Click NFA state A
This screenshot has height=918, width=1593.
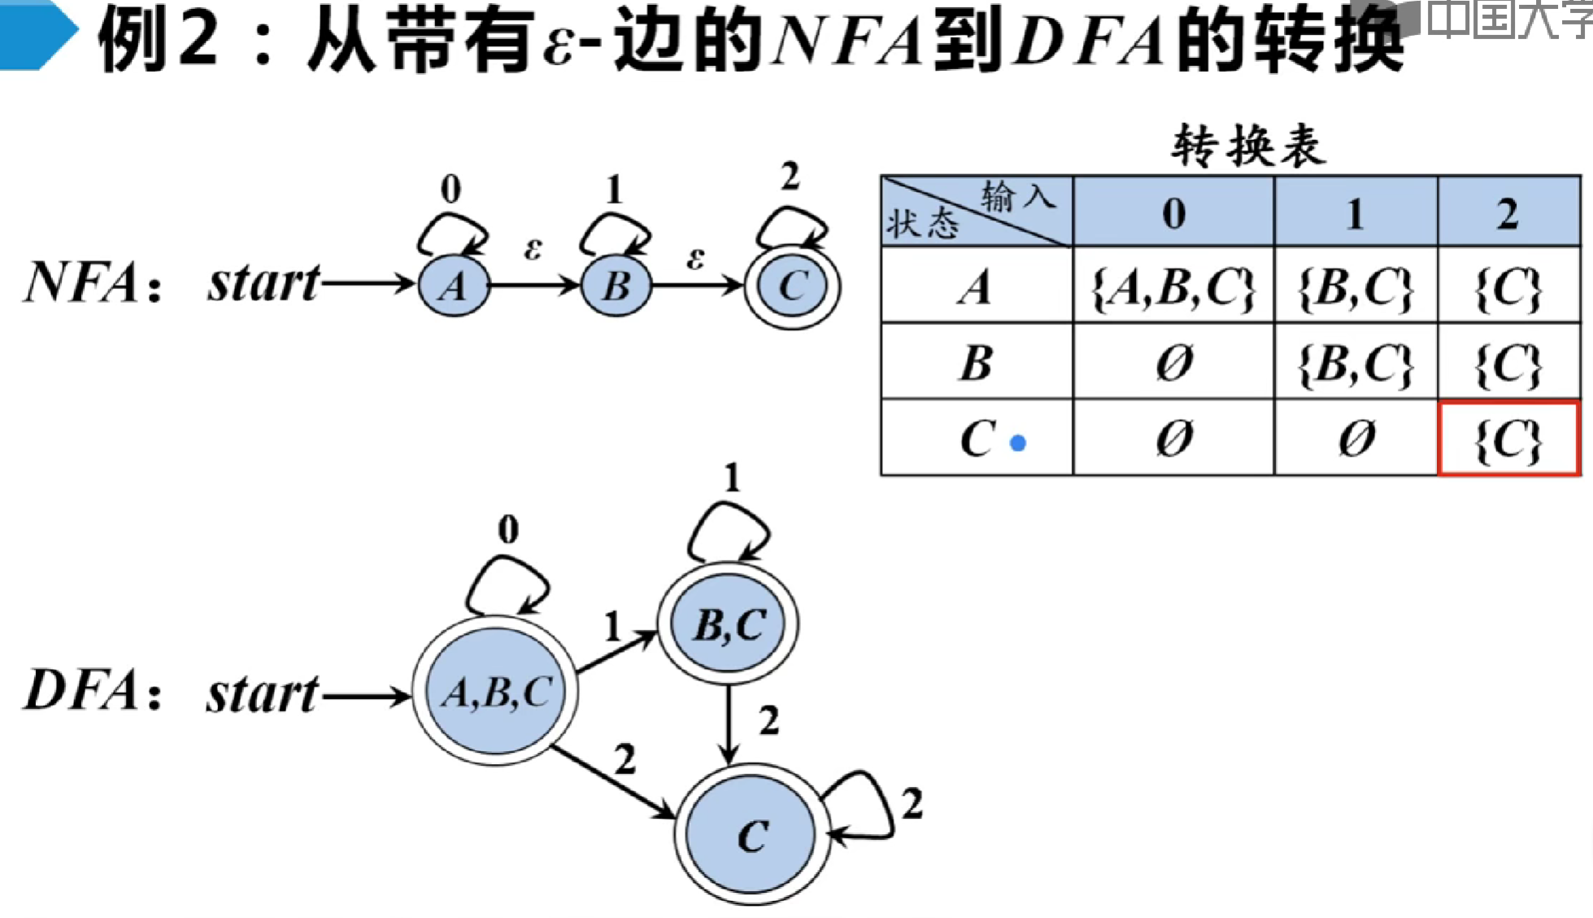click(x=454, y=285)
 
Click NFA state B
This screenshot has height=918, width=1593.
click(x=616, y=285)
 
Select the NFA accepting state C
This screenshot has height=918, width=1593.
click(x=792, y=285)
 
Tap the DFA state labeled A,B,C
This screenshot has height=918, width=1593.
click(x=495, y=692)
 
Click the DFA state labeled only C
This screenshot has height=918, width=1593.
click(x=751, y=835)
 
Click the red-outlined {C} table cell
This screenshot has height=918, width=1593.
click(x=1508, y=439)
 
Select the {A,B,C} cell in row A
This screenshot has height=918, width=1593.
click(x=1173, y=286)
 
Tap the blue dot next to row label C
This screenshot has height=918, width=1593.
click(x=1017, y=443)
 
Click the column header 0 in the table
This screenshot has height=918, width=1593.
click(x=1173, y=213)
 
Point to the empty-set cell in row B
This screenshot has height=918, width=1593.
click(x=1173, y=363)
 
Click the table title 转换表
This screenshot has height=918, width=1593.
click(x=1247, y=146)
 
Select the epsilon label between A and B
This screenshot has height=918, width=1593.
click(x=533, y=248)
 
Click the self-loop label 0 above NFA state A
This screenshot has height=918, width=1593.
click(x=450, y=189)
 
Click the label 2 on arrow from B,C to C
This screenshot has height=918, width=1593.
click(x=768, y=721)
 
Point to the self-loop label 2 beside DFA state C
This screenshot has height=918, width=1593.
click(x=912, y=804)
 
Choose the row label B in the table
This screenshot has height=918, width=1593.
click(x=976, y=363)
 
